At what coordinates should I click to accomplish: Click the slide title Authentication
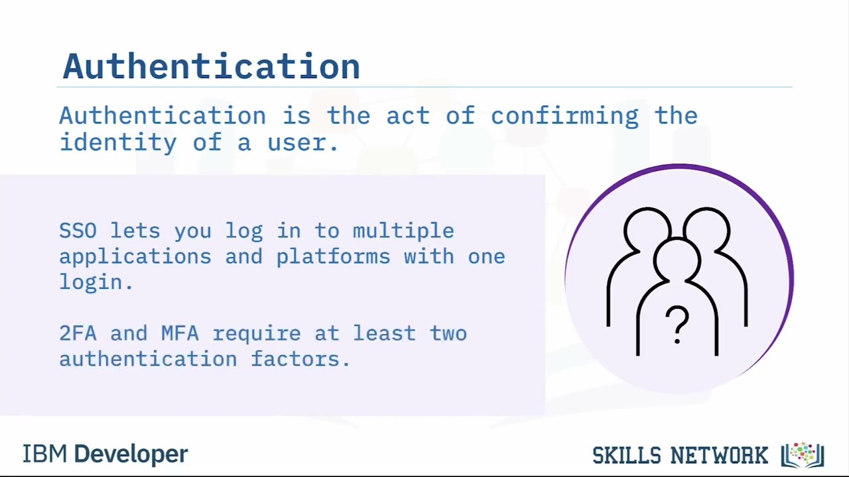(x=211, y=67)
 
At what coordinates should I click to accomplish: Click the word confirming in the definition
(x=564, y=116)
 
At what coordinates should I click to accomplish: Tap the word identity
(x=118, y=142)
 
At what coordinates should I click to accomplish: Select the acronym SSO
(x=78, y=231)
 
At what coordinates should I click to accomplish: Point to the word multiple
(x=403, y=231)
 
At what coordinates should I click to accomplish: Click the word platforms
(x=333, y=257)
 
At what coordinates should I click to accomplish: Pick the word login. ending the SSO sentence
(x=96, y=283)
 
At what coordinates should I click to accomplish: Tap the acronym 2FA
(x=78, y=333)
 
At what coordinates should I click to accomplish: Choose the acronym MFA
(x=180, y=333)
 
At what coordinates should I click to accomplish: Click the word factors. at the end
(x=300, y=359)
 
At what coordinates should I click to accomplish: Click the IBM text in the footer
(x=44, y=454)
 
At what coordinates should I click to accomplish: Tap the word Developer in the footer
(x=131, y=454)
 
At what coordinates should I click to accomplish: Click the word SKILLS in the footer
(x=627, y=456)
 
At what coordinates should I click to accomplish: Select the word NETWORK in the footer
(x=719, y=456)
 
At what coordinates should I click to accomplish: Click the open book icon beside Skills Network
(x=803, y=455)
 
